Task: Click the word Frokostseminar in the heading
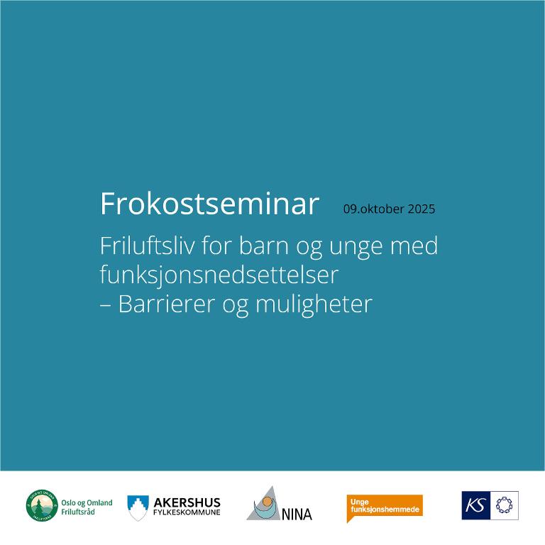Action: coord(209,204)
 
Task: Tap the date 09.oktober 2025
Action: coord(389,209)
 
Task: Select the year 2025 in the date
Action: coord(422,209)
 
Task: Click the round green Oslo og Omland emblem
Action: coord(42,505)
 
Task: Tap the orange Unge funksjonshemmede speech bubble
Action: coord(384,507)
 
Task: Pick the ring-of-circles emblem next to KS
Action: coord(505,505)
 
